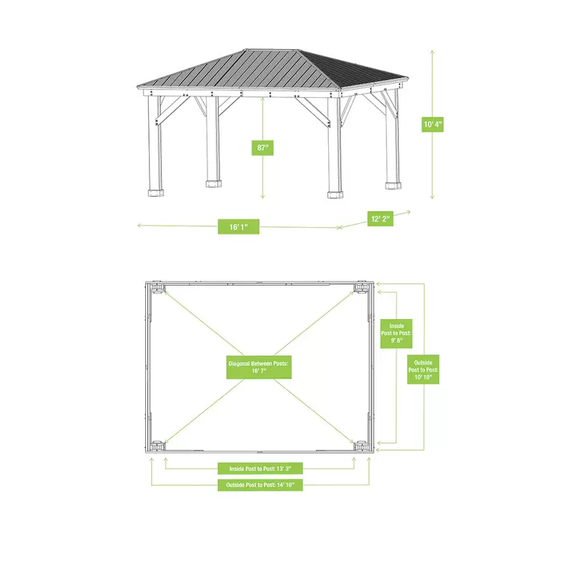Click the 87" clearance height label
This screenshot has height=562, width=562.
[263, 148]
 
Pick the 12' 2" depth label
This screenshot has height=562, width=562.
[380, 219]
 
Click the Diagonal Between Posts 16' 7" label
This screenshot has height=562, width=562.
[258, 368]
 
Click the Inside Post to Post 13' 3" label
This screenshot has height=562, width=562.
[260, 468]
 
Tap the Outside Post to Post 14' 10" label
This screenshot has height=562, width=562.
[260, 485]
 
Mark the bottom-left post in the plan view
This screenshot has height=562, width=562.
[158, 446]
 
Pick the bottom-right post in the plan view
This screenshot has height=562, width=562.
[361, 446]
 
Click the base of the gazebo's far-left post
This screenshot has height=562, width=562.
[156, 191]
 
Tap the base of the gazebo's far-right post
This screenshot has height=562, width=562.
[392, 185]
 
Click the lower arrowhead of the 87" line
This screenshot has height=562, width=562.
[264, 198]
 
